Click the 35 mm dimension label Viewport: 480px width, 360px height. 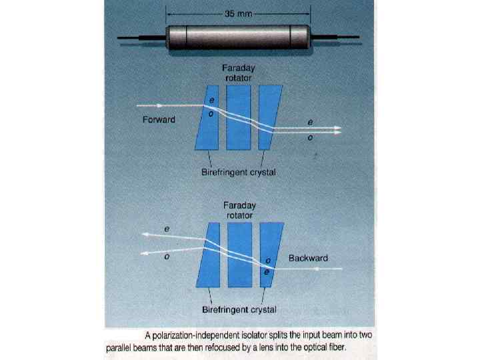239,13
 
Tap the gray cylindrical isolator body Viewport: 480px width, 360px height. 239,37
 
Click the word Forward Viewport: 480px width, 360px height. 159,120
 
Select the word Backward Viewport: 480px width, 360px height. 308,257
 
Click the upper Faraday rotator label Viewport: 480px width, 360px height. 239,73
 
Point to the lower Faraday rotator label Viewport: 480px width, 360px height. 239,211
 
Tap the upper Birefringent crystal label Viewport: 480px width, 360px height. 239,173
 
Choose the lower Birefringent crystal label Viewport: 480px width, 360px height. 239,309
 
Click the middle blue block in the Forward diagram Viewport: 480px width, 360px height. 239,117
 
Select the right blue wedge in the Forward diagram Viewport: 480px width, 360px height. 269,117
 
